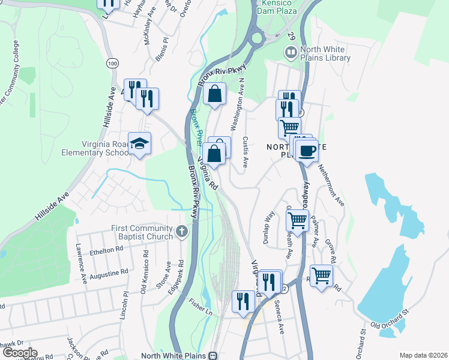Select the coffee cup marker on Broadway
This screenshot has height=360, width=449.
[x=307, y=151]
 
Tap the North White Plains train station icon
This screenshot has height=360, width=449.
[x=212, y=355]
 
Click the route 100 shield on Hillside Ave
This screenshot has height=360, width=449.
[x=112, y=63]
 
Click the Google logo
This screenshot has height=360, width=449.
[x=19, y=353]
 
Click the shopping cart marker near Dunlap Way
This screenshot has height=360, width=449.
[x=297, y=220]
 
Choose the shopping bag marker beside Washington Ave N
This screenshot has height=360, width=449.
[x=215, y=94]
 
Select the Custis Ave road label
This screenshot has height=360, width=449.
[x=245, y=152]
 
